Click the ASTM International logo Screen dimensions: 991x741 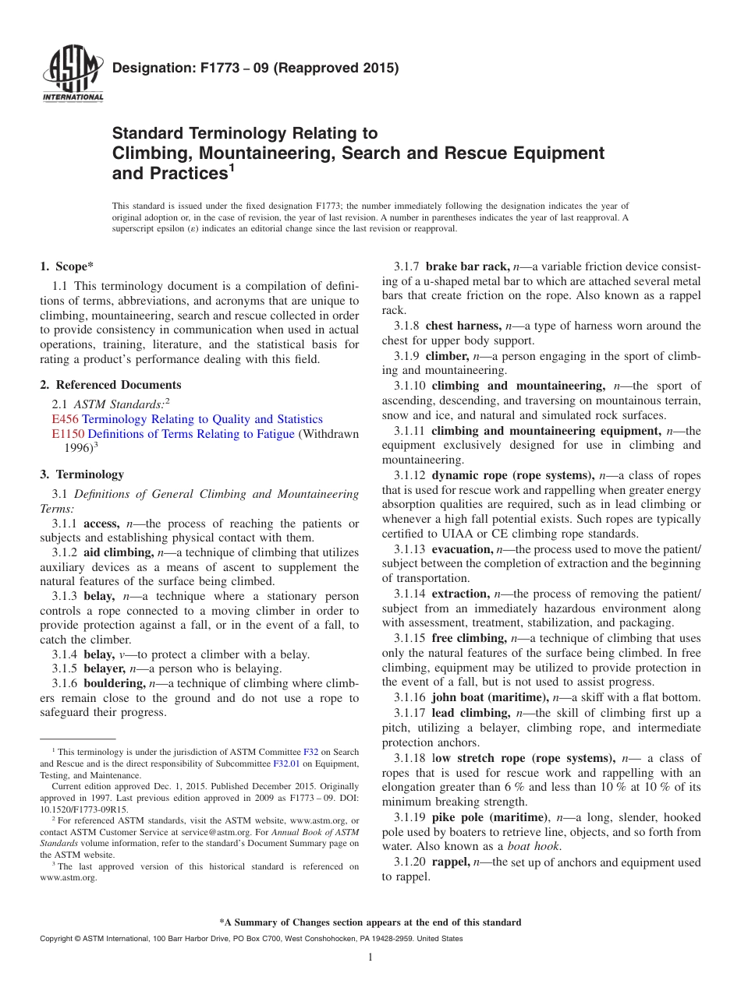[72, 76]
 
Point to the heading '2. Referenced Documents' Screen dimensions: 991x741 [111, 385]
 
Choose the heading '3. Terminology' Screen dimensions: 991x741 [82, 474]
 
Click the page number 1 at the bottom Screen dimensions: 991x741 [370, 958]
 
